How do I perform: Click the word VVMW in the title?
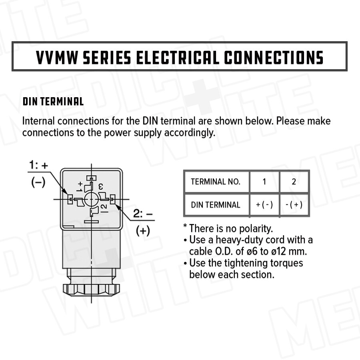(x=57, y=57)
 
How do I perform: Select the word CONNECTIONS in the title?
(x=274, y=57)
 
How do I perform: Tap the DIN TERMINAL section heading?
(x=53, y=102)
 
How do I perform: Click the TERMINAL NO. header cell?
(x=216, y=182)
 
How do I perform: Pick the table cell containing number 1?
(x=264, y=182)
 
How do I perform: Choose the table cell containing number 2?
(x=294, y=182)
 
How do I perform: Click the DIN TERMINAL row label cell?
(x=216, y=204)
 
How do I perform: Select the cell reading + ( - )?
(x=264, y=204)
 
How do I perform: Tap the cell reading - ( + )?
(x=294, y=204)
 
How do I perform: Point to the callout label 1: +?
(x=38, y=165)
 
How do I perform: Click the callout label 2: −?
(x=143, y=214)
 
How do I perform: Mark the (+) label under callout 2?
(x=143, y=230)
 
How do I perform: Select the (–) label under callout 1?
(x=38, y=182)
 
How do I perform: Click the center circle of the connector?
(x=91, y=199)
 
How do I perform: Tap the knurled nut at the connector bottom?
(x=91, y=290)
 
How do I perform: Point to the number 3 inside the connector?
(x=100, y=186)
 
